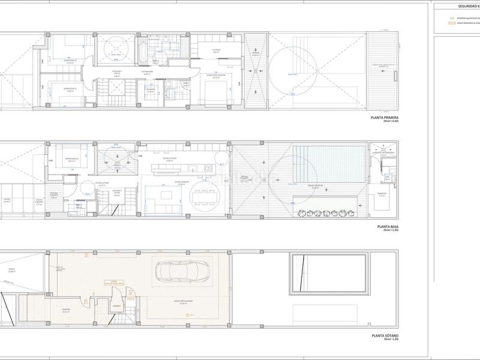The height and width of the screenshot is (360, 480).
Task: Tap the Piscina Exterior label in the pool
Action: (x=316, y=185)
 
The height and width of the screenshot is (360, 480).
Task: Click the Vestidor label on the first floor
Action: (x=217, y=50)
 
